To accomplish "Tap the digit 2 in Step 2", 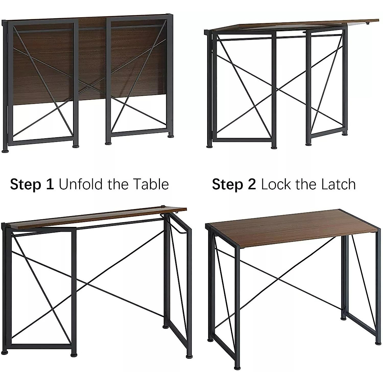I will [x=252, y=184].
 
